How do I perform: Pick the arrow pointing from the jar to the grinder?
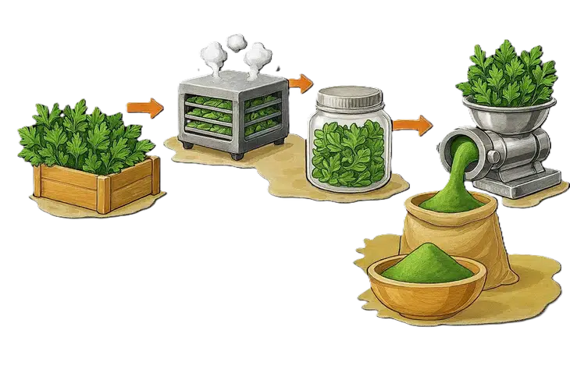pyautogui.click(x=411, y=123)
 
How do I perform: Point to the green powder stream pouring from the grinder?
pyautogui.click(x=467, y=164)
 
